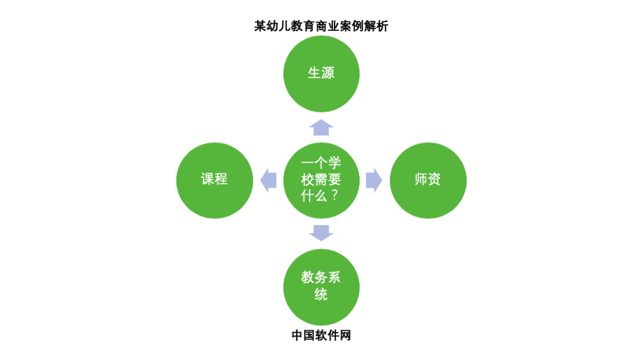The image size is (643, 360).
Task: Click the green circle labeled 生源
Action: coord(321,73)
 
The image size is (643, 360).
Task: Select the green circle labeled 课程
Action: coord(214,179)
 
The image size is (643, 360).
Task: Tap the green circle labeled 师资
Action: coord(427,179)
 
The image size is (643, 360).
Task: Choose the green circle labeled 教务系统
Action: coord(321,286)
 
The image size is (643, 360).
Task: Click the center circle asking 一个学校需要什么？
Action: coord(321,179)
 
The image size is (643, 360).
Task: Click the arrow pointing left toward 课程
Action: coord(269,179)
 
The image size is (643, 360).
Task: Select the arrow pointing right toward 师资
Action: coord(373,179)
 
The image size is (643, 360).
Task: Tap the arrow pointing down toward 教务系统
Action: coord(321,232)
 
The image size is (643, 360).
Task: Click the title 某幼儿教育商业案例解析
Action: coord(321,26)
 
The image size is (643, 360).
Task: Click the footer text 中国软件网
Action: coord(321,336)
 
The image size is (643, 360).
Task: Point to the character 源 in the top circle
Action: coord(328,73)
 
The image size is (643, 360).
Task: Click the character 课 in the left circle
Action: coord(208,179)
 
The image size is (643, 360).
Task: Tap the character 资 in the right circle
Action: coord(434,179)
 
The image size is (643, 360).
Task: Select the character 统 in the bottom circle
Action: coord(321,294)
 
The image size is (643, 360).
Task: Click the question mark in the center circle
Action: coord(335,195)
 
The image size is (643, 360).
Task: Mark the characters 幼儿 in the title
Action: coord(280,26)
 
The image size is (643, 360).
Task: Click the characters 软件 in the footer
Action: coord(321,336)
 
